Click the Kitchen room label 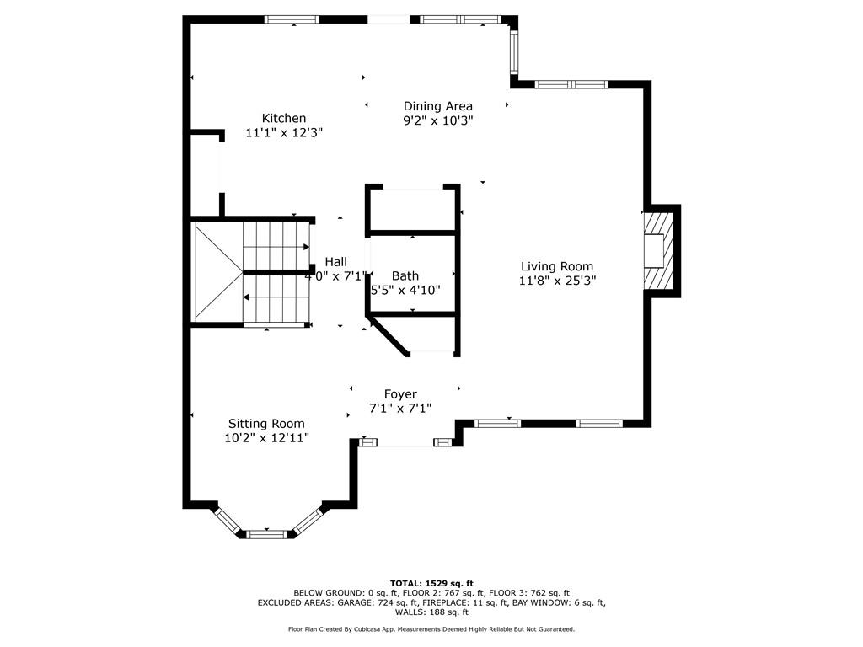(x=283, y=118)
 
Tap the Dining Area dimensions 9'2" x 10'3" (x=438, y=120)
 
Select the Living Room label (x=557, y=266)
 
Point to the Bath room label (x=405, y=275)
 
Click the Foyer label (x=400, y=394)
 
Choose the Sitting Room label (x=266, y=424)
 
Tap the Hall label (x=335, y=262)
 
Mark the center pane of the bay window (x=266, y=533)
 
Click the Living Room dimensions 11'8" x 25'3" (x=558, y=281)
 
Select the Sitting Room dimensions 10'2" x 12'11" (x=267, y=438)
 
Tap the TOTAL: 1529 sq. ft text (x=431, y=583)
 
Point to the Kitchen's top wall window (x=292, y=20)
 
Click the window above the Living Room (x=571, y=84)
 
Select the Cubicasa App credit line (x=431, y=628)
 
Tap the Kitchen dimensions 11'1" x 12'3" (x=284, y=132)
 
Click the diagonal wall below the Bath (x=388, y=335)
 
